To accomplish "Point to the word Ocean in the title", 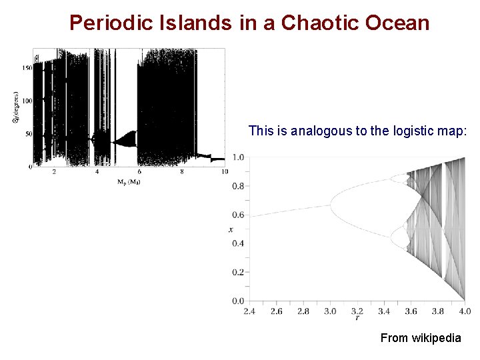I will pyautogui.click(x=399, y=23).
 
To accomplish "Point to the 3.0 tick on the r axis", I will pyautogui.click(x=331, y=311).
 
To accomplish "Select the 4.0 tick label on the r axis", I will pyautogui.click(x=465, y=311).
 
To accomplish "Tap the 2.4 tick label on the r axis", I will pyautogui.click(x=250, y=311).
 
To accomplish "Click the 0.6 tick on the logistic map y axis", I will pyautogui.click(x=237, y=215).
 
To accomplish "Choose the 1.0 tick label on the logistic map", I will pyautogui.click(x=237, y=157).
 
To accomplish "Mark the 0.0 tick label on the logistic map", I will pyautogui.click(x=237, y=301).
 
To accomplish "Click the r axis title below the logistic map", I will pyautogui.click(x=357, y=319).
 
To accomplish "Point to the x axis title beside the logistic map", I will pyautogui.click(x=231, y=229).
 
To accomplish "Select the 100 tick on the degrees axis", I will pyautogui.click(x=27, y=101).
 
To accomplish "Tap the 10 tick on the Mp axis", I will pyautogui.click(x=225, y=172).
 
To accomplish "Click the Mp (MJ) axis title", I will pyautogui.click(x=129, y=181).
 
